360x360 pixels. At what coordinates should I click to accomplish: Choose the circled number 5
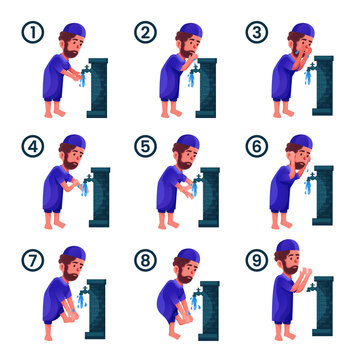[146, 146]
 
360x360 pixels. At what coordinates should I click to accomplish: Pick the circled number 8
[146, 261]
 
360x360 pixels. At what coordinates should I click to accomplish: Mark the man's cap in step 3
[295, 28]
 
